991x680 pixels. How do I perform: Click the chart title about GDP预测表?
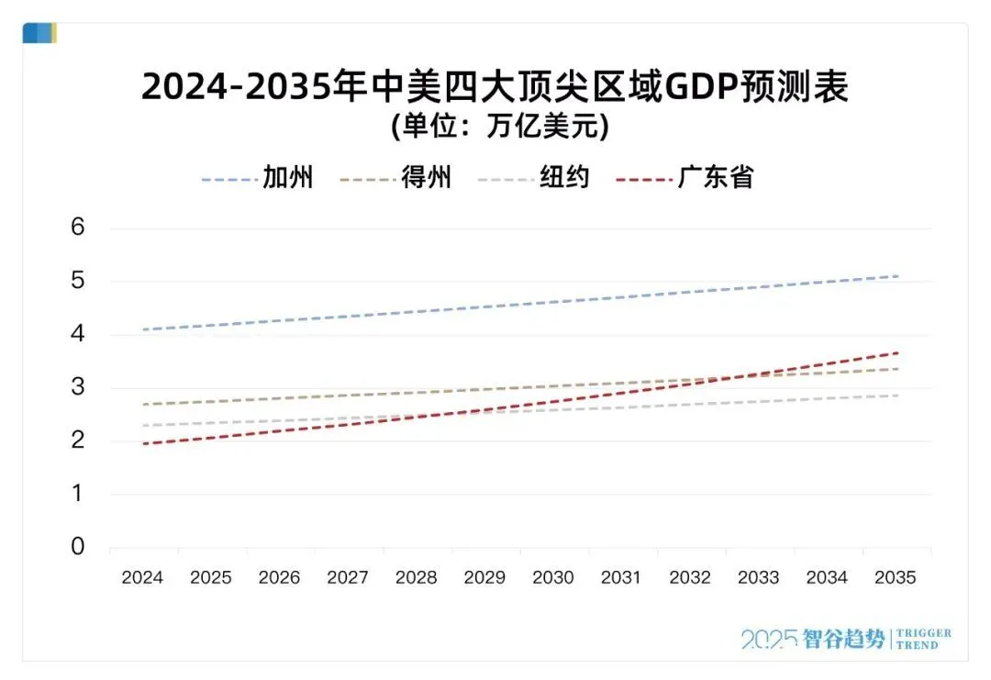coord(495,88)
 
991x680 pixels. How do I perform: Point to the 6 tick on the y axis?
coord(78,228)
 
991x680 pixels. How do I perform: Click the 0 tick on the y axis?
coord(78,547)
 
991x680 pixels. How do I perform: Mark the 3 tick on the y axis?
coord(78,387)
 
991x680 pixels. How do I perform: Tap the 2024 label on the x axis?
coord(142,578)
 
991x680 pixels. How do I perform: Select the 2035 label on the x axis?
coord(896,578)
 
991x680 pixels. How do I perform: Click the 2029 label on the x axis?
coord(484,578)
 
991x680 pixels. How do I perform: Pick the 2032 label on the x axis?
coord(690,578)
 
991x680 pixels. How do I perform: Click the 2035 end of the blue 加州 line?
coord(896,275)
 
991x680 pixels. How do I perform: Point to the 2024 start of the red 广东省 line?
coord(143,444)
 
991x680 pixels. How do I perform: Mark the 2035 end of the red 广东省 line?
coord(896,352)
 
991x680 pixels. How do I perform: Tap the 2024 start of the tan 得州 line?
coord(143,404)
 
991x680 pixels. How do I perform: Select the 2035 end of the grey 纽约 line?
coord(896,396)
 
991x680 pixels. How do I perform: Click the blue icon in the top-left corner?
coord(39,34)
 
